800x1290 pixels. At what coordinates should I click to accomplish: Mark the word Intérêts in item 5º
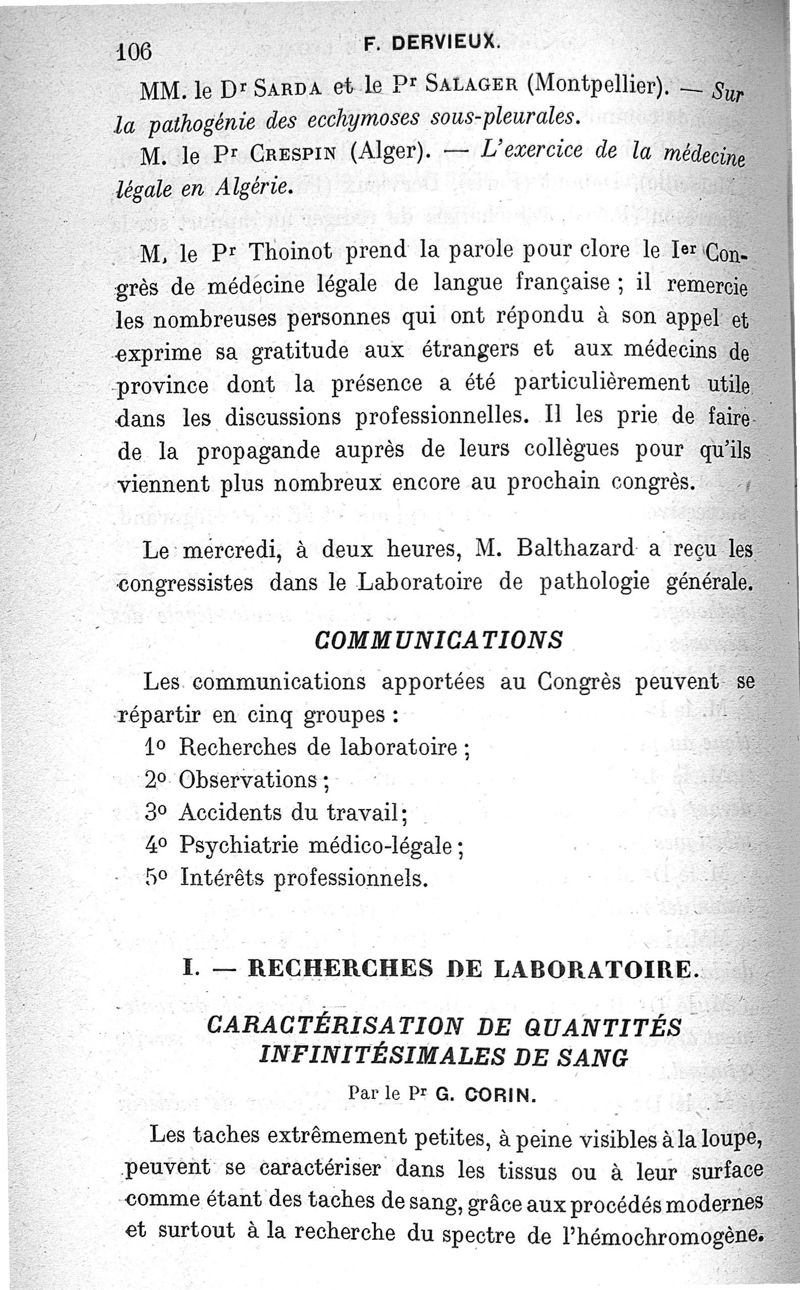tap(221, 879)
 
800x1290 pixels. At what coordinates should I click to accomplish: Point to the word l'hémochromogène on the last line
tap(677, 1234)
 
